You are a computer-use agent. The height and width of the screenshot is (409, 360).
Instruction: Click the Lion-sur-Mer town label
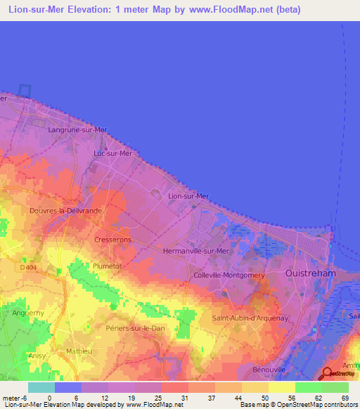[188, 196]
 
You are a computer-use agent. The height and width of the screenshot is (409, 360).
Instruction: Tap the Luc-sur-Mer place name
[113, 153]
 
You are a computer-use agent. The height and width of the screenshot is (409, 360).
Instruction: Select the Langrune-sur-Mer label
[77, 130]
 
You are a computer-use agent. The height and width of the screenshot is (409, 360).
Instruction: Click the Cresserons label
[112, 240]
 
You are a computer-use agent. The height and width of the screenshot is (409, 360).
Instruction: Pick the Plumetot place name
[107, 266]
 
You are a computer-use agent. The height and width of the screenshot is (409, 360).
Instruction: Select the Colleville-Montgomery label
[229, 276]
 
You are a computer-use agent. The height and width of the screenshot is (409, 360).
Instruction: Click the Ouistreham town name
[312, 272]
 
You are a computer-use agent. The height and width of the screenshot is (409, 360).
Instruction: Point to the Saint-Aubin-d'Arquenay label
[244, 318]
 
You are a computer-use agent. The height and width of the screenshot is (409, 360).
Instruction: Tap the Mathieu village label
[78, 349]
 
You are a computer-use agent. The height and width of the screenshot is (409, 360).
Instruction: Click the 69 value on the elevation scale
[345, 398]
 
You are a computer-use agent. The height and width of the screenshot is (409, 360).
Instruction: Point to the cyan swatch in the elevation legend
[41, 387]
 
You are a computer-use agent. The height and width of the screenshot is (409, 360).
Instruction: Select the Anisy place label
[37, 356]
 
